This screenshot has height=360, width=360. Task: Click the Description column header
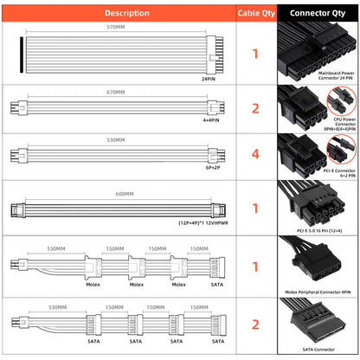coord(118,13)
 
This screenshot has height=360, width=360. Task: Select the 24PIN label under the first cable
coord(209,77)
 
